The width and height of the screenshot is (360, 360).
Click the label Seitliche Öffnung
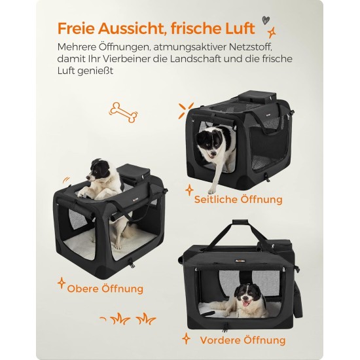point(238,199)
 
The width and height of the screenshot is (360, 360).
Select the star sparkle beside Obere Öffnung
point(62,283)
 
